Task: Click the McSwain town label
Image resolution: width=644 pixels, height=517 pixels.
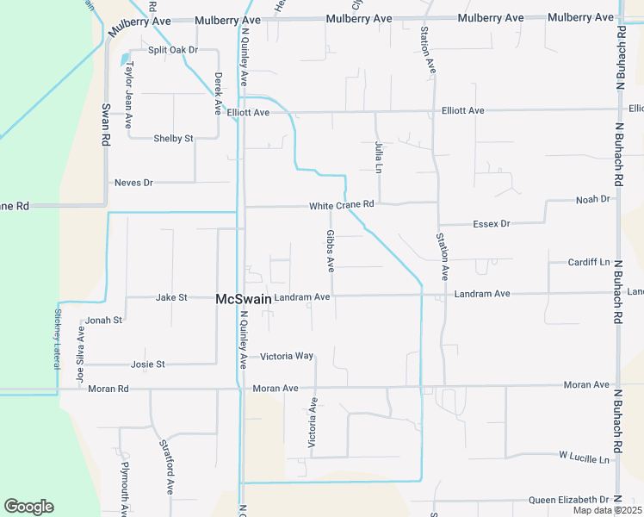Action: click(243, 298)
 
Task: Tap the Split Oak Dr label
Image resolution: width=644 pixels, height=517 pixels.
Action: click(173, 50)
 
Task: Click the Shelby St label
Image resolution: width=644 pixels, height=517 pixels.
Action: click(173, 138)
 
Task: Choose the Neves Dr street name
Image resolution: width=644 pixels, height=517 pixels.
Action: click(133, 183)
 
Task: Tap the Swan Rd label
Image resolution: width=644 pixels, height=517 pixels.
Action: click(106, 125)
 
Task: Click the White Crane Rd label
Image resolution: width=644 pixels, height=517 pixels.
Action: click(342, 205)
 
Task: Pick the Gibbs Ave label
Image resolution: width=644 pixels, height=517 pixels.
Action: click(331, 251)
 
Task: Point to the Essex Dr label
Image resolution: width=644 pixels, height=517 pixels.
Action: click(492, 224)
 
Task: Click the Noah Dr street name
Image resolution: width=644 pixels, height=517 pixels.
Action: click(592, 199)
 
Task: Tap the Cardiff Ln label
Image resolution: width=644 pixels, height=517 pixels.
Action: click(588, 262)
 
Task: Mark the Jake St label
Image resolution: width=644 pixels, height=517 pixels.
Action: click(171, 297)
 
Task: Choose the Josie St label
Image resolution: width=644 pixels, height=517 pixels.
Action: click(147, 364)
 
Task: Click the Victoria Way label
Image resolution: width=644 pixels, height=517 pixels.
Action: click(287, 356)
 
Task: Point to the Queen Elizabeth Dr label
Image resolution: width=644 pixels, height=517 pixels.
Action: click(568, 500)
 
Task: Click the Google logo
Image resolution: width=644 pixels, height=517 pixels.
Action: click(28, 507)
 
